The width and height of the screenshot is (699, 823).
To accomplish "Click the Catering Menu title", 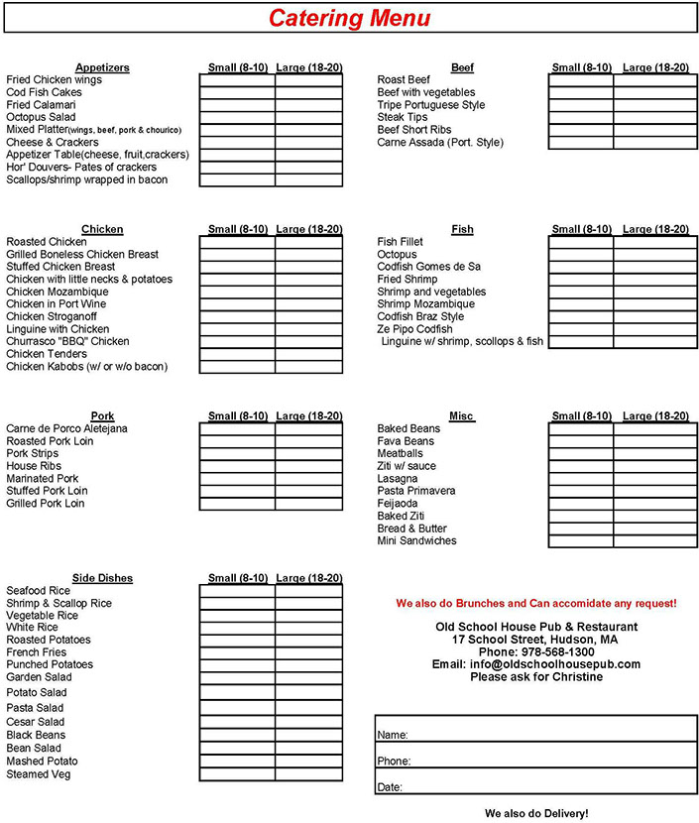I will (350, 18).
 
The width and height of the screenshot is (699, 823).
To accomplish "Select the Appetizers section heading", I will (102, 67).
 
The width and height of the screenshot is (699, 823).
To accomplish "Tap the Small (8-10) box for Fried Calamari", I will (237, 105).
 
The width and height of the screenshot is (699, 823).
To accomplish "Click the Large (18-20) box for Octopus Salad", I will (309, 117).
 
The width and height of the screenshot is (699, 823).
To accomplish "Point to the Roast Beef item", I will (404, 80).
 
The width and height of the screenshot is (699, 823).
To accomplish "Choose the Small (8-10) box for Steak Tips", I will (581, 117).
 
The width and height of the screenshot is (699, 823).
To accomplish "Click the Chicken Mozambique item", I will (58, 292).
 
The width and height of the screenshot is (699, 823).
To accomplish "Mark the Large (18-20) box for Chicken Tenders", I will (309, 354).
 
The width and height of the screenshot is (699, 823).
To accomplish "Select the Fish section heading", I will (462, 229).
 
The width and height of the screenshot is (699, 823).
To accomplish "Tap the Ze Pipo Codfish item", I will (414, 329).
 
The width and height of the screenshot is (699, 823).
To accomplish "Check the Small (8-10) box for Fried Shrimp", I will (581, 280).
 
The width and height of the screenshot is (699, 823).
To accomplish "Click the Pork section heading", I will (102, 415).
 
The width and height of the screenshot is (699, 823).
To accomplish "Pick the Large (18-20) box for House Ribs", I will (309, 466).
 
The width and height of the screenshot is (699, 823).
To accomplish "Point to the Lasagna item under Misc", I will (398, 478).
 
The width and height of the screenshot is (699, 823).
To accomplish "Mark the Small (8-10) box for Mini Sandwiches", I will (581, 541).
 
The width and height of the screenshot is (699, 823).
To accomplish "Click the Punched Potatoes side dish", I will (50, 664).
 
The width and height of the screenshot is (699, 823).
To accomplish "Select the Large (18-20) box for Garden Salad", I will (309, 677).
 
